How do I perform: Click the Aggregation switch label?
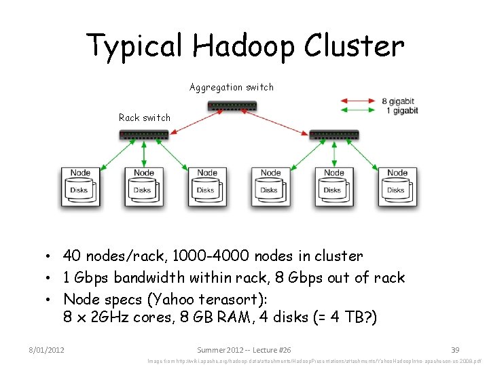pyautogui.click(x=232, y=87)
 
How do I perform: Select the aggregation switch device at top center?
pyautogui.click(x=232, y=106)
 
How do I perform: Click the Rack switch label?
pyautogui.click(x=145, y=118)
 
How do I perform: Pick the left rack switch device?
pyautogui.click(x=144, y=135)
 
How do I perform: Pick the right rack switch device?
pyautogui.click(x=334, y=135)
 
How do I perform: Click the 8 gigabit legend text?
pyautogui.click(x=399, y=101)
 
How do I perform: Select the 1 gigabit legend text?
pyautogui.click(x=401, y=110)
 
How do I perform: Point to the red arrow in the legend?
pyautogui.click(x=357, y=101)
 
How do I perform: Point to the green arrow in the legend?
pyautogui.click(x=357, y=110)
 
